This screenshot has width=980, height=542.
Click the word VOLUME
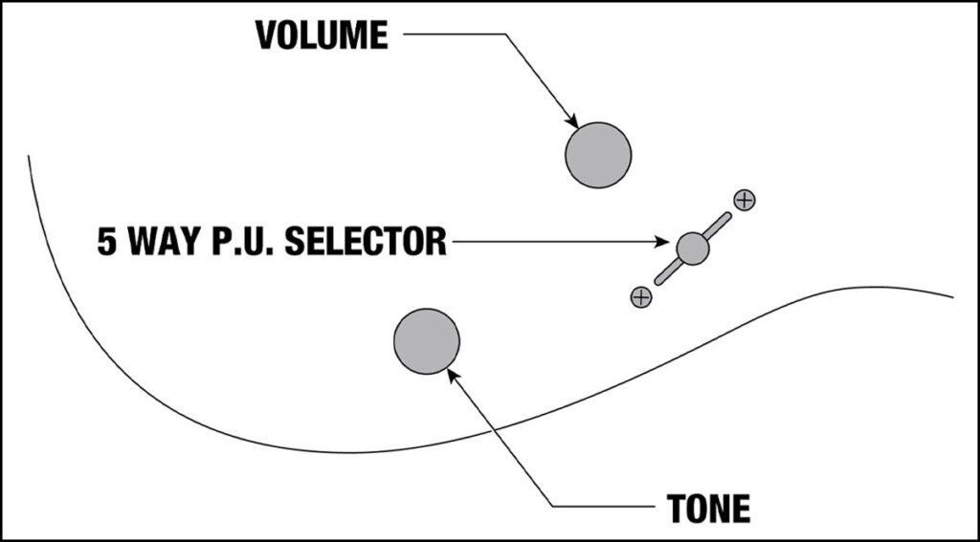322,35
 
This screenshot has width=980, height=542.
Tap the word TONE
709,508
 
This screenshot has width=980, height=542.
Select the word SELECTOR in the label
366,242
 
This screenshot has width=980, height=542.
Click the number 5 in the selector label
107,242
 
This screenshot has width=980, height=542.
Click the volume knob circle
598,155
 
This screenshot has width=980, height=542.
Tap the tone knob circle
427,341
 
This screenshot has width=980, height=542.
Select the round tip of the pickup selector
693,249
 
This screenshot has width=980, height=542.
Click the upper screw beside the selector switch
745,200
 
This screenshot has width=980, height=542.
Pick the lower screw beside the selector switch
641,297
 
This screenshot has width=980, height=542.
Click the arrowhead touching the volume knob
570,121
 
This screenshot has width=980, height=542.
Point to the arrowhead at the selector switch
662,242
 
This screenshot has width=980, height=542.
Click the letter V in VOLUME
267,35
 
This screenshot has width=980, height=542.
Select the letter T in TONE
678,508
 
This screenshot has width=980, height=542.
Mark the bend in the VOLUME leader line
505,34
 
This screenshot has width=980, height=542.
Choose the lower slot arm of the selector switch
667,272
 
